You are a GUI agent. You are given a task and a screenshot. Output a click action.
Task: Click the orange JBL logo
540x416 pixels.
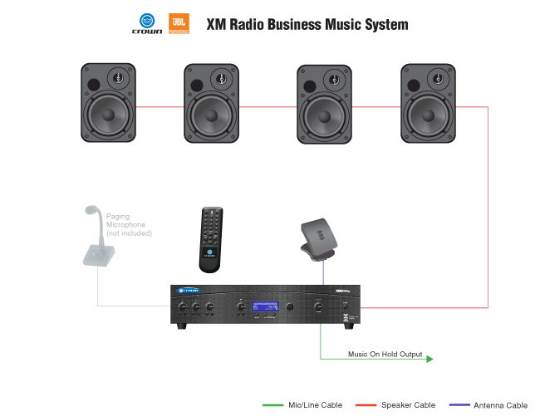pos(178,23)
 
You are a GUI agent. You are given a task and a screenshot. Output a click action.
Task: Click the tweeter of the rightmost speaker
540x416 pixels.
pos(438,81)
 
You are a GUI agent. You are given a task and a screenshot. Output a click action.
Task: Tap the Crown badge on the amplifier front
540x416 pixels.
pos(188,290)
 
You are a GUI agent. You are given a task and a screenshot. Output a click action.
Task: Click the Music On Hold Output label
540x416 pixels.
pos(385,355)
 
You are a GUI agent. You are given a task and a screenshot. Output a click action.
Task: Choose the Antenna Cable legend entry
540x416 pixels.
pos(500,405)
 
